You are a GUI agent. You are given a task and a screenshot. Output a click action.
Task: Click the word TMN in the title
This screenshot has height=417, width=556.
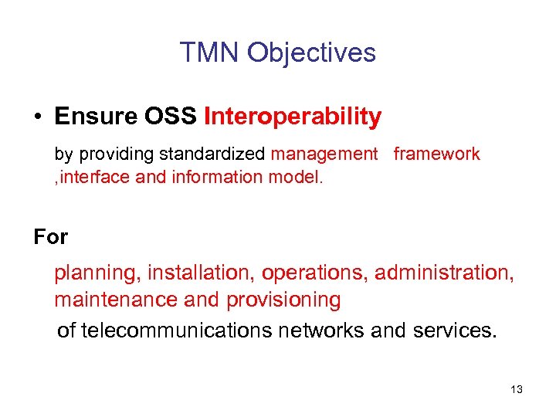[x=209, y=53]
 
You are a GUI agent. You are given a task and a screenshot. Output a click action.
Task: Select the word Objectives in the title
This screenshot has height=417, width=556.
[x=311, y=53]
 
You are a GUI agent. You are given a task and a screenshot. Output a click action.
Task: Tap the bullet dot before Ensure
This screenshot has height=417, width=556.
[x=37, y=117]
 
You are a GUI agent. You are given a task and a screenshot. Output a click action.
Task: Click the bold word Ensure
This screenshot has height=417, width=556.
[x=93, y=117]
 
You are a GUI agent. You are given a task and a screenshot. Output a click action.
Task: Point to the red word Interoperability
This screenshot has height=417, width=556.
[x=292, y=117]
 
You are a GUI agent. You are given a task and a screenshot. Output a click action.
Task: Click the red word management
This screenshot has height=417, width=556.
[x=324, y=154]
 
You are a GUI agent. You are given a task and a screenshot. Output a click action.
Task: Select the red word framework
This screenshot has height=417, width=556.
[x=436, y=154]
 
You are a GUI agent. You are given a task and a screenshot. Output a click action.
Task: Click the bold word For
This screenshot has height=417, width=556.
[x=51, y=237]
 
